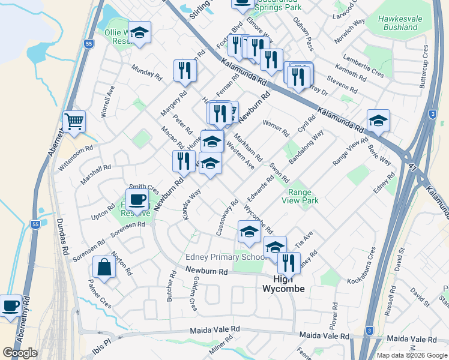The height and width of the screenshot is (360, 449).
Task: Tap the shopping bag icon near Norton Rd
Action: click(x=104, y=268)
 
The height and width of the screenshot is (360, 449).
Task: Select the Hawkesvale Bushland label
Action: click(x=398, y=23)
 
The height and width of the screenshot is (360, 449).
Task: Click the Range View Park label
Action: click(x=303, y=197)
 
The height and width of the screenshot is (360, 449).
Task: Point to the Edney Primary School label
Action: click(x=224, y=257)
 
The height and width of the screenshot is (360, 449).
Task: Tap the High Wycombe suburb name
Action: click(x=284, y=284)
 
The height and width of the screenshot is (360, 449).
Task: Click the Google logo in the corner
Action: click(x=20, y=353)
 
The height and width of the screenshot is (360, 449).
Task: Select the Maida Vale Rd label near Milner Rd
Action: click(x=214, y=330)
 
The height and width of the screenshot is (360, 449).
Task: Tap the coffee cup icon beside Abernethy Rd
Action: click(x=10, y=306)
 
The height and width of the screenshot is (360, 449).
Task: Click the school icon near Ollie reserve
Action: click(x=139, y=33)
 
